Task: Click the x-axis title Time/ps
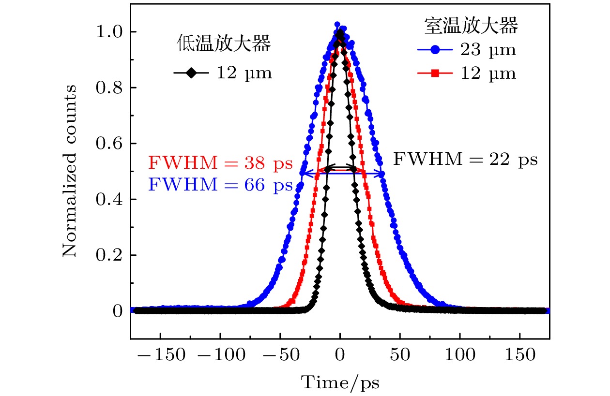tap(340, 382)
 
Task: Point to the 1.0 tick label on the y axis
tap(109, 32)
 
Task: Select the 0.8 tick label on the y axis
tap(109, 88)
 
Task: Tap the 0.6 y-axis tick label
tap(109, 144)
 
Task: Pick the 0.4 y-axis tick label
tap(109, 199)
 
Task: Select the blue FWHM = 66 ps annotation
tap(220, 184)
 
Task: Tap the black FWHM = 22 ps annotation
tap(465, 159)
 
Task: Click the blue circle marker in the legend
tap(435, 50)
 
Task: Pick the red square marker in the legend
tap(435, 73)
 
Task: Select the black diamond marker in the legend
tap(192, 73)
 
